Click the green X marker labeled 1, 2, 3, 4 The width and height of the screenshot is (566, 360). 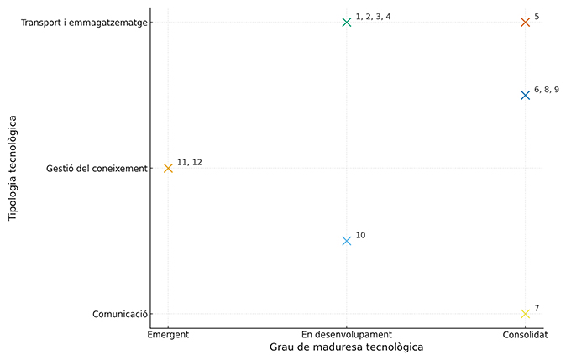pos(347,22)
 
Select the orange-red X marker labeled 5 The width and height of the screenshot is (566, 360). pos(525,22)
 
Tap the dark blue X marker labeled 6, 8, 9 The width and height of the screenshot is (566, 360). pos(525,95)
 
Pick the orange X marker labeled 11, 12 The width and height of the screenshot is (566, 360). pos(168,168)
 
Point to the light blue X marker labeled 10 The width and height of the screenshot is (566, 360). pos(347,241)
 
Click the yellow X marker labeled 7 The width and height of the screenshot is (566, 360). pos(525,314)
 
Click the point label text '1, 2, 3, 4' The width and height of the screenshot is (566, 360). pos(373,17)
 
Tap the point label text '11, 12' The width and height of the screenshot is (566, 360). pos(190,163)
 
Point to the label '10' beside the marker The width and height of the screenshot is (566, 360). pos(360,236)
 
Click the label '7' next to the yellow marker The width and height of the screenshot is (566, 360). pos(537,309)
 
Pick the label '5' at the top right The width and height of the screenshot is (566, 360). pos(537,17)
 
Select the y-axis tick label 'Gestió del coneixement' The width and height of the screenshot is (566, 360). pos(97,169)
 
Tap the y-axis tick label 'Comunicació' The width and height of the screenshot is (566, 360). pos(121,315)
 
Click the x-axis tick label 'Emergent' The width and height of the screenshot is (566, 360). pos(168,334)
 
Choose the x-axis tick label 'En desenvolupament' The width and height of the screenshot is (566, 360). pos(347,334)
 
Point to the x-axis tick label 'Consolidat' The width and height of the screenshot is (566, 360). pos(525,334)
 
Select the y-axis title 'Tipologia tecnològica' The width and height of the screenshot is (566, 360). pos(13,168)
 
